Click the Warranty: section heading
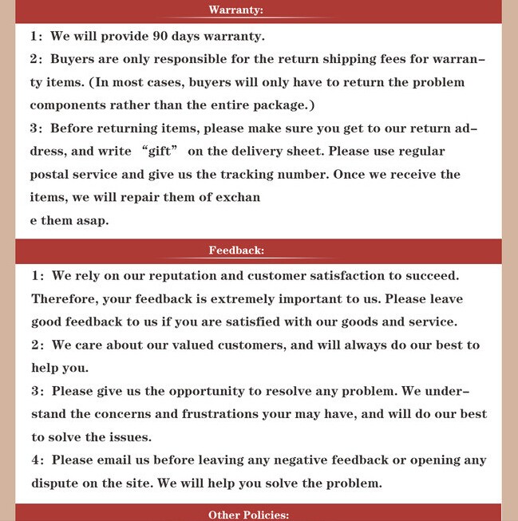(235, 10)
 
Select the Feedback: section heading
(236, 250)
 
